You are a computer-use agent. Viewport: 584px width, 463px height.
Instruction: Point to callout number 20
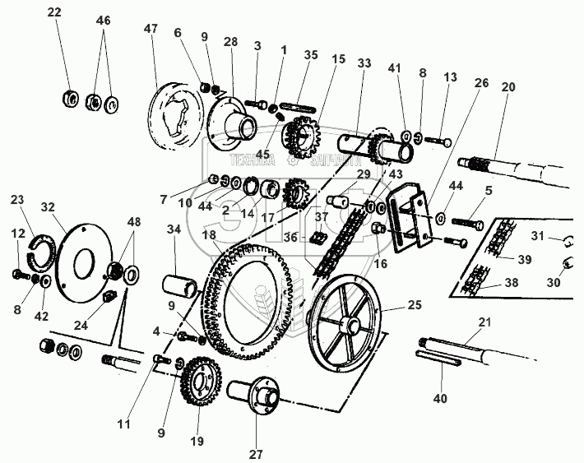coord(509,88)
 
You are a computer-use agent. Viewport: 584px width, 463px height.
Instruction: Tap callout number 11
coord(123,424)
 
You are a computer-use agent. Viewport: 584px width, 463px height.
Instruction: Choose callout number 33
coord(364,64)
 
